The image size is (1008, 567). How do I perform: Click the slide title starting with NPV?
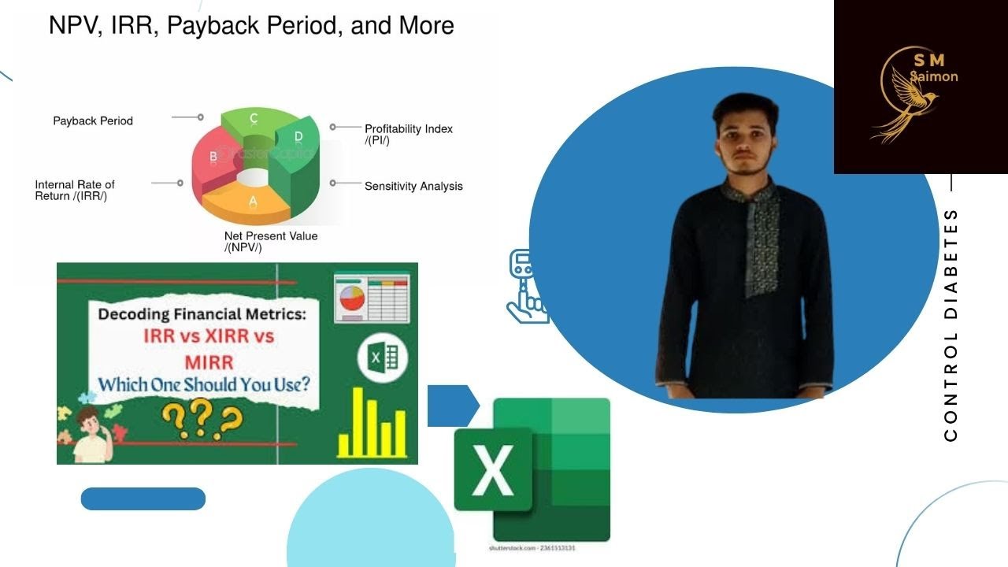[251, 25]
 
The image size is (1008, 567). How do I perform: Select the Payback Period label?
[93, 121]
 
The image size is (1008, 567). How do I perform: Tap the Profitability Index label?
[408, 134]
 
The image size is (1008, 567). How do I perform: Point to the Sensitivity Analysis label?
[413, 187]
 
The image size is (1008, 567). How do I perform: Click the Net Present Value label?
[271, 242]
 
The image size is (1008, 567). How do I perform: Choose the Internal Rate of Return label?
[75, 191]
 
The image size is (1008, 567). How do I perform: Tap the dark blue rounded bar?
[143, 498]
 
